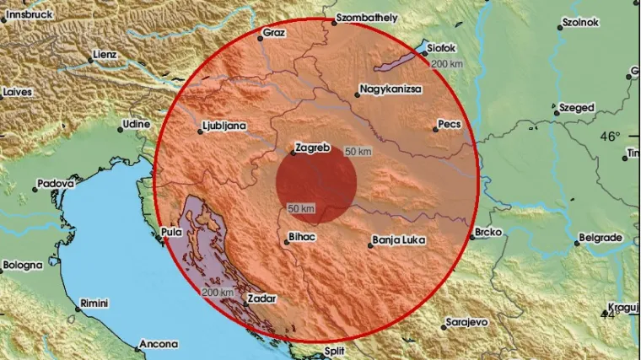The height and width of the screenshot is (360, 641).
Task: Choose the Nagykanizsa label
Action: click(393, 87)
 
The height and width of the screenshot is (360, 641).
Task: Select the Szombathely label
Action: click(368, 16)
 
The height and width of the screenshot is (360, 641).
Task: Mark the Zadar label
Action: click(261, 298)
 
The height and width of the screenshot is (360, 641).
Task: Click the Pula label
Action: click(170, 230)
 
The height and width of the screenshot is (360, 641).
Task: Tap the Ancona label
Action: click(159, 344)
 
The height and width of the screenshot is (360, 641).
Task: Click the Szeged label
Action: click(578, 108)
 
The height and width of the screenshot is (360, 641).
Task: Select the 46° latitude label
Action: click(610, 136)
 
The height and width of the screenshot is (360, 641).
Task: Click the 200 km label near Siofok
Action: click(447, 64)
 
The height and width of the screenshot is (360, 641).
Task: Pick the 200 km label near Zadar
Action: click(218, 292)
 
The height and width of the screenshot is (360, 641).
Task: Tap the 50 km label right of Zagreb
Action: click(358, 151)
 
